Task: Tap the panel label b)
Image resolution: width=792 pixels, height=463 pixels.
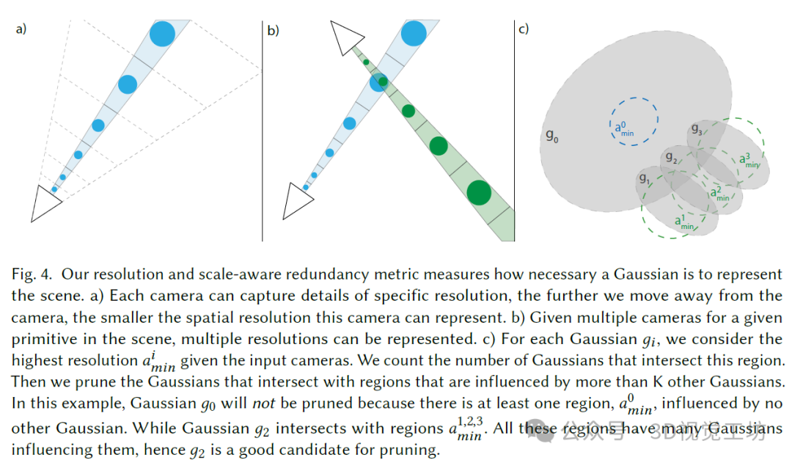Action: pyautogui.click(x=273, y=30)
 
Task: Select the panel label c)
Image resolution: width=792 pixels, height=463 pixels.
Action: pyautogui.click(x=523, y=29)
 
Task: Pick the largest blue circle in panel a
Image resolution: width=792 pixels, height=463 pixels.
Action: pyautogui.click(x=162, y=33)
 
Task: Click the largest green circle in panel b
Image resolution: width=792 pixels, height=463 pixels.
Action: pyautogui.click(x=479, y=192)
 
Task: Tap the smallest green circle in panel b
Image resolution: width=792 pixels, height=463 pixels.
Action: pyautogui.click(x=366, y=62)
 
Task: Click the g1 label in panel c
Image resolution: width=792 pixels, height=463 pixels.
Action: pyautogui.click(x=645, y=178)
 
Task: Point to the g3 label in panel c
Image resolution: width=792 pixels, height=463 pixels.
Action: pyautogui.click(x=697, y=130)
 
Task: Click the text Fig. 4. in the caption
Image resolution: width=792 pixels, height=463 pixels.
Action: pyautogui.click(x=32, y=274)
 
